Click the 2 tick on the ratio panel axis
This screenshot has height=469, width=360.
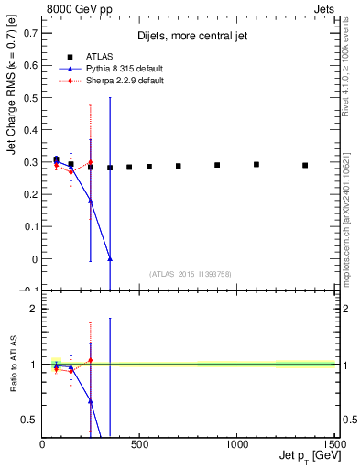point(34,309)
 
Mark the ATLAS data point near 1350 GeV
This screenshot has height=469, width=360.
point(305,165)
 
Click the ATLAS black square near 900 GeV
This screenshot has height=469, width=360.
point(217,165)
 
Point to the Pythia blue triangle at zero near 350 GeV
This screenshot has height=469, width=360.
point(110,259)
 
